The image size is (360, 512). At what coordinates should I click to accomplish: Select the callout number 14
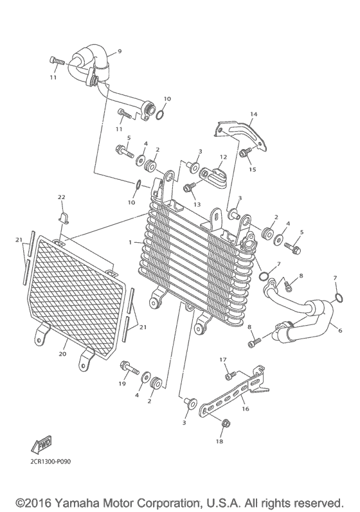pos(253,114)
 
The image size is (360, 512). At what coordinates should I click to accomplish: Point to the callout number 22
pos(62,196)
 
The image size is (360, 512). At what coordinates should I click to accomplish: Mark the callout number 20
pos(63,353)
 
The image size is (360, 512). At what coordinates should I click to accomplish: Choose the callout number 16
pos(245,408)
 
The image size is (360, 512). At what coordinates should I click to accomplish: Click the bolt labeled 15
pos(245,153)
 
